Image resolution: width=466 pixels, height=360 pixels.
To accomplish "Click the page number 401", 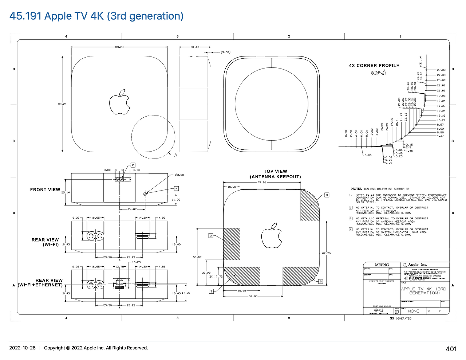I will coord(451,349).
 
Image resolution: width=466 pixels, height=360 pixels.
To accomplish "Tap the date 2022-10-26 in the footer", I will coord(23,348).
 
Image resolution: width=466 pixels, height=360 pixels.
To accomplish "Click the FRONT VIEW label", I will coord(45,189).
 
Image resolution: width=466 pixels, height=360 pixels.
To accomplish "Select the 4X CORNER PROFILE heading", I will coord(374,66).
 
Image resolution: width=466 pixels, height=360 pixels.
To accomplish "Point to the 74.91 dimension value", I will coord(262,182).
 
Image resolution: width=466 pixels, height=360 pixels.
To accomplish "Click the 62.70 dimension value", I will coord(326,253).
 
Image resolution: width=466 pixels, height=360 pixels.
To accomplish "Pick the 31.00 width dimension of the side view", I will coord(195,47).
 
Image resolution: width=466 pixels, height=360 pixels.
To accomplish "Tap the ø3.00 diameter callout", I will coord(179,175).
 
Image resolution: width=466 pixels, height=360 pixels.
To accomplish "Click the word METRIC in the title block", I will coord(382,265).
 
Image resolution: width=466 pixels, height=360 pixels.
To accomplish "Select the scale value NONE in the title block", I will coord(413,311).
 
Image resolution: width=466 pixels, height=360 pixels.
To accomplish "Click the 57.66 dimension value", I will coord(253,296).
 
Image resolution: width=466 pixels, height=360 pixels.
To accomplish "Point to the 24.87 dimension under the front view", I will coord(132,210).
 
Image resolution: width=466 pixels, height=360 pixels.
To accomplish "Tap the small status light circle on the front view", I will coord(145,194).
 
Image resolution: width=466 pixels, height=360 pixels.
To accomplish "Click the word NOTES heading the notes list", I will coord(356,189).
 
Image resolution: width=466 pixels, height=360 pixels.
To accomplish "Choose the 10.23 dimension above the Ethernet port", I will coord(136,262).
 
